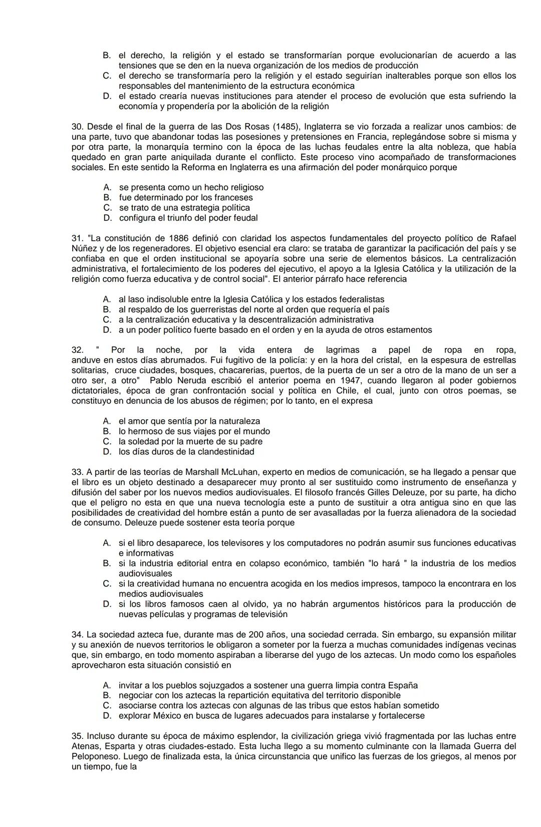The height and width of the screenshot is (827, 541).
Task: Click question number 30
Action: click(77, 127)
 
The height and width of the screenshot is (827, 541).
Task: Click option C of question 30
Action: click(107, 208)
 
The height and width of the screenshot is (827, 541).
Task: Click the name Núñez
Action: click(83, 248)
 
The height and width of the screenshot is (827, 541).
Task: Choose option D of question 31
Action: click(107, 330)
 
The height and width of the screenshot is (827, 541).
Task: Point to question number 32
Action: click(77, 350)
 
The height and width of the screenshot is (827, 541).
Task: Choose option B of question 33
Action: click(107, 564)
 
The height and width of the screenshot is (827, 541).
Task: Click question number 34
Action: click(77, 635)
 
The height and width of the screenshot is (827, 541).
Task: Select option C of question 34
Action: click(107, 706)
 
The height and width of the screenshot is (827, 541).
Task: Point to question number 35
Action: click(77, 736)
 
